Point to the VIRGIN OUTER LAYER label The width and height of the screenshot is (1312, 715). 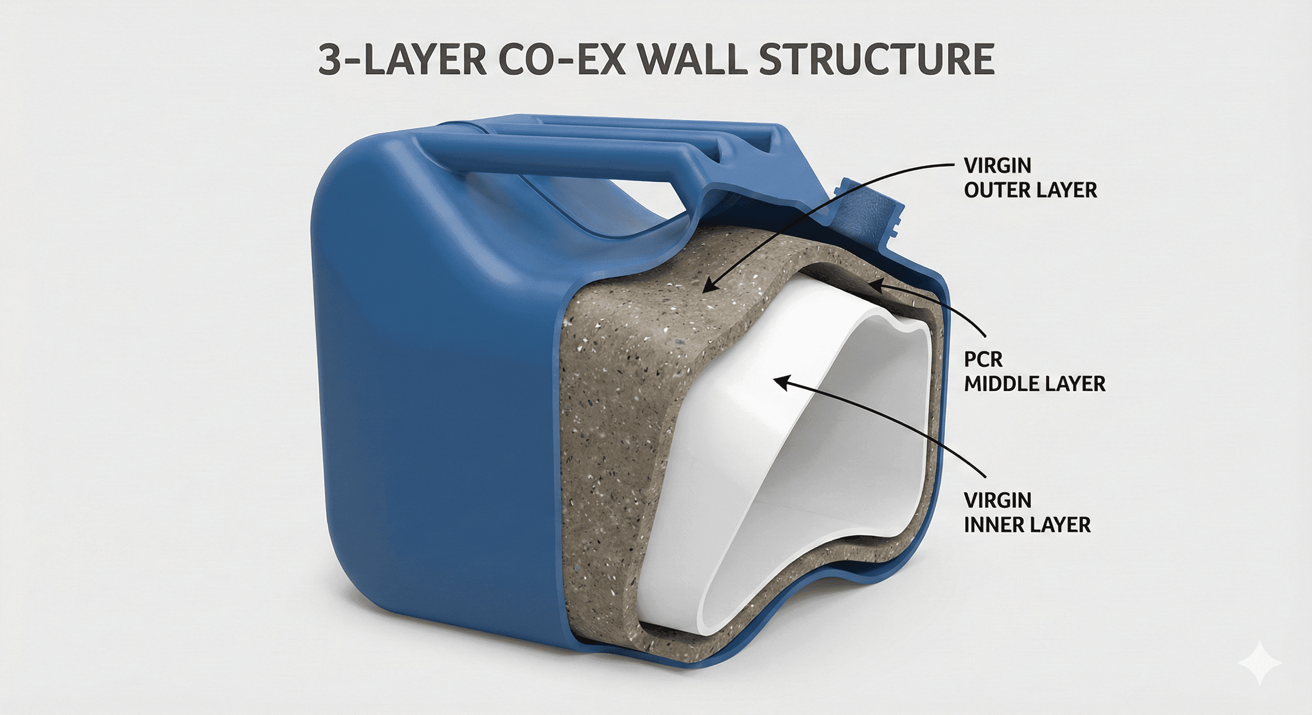coord(1030,178)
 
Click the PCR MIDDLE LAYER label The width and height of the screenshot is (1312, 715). coord(1034,371)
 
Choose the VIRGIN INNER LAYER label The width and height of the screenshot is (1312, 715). coord(1027,513)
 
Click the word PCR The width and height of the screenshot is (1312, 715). coord(983,360)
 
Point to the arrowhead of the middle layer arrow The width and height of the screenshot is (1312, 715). coord(872,284)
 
